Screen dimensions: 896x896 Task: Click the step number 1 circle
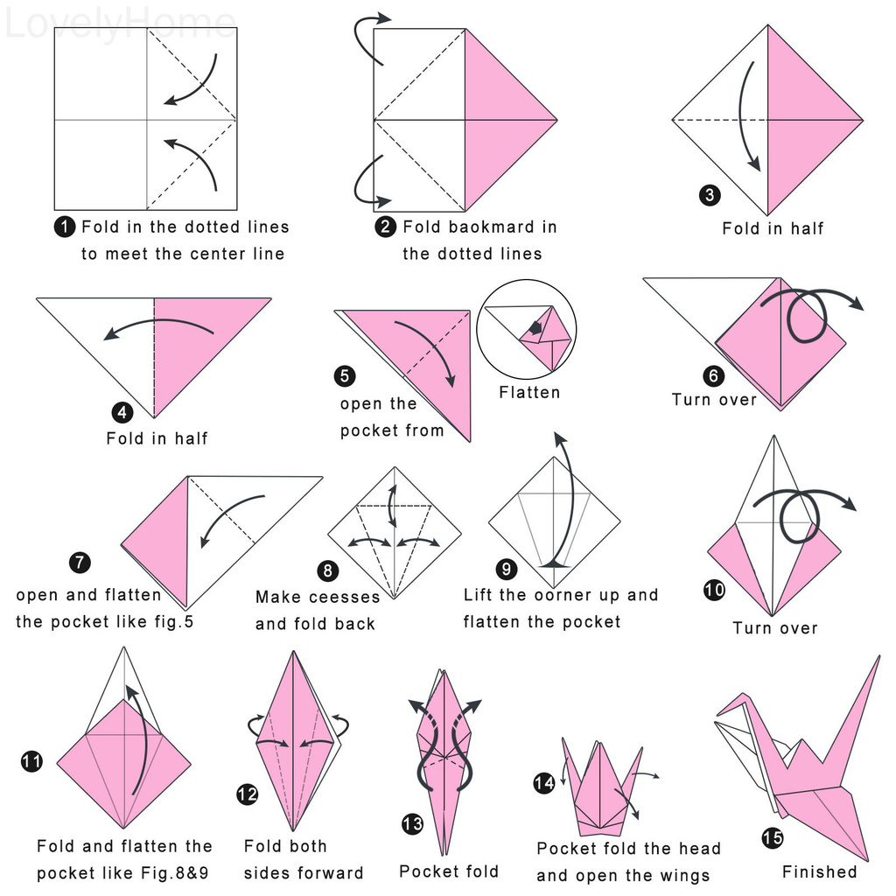point(65,227)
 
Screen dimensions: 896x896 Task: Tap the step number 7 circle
point(80,563)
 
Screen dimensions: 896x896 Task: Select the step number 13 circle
point(412,824)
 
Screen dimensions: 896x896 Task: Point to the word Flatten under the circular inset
point(529,392)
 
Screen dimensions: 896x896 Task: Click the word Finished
point(820,871)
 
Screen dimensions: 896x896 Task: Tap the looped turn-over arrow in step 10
point(801,512)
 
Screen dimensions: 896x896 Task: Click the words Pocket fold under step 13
point(449,871)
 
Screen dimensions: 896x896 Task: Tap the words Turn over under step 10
point(775,628)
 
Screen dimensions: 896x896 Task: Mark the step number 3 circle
point(710,194)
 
